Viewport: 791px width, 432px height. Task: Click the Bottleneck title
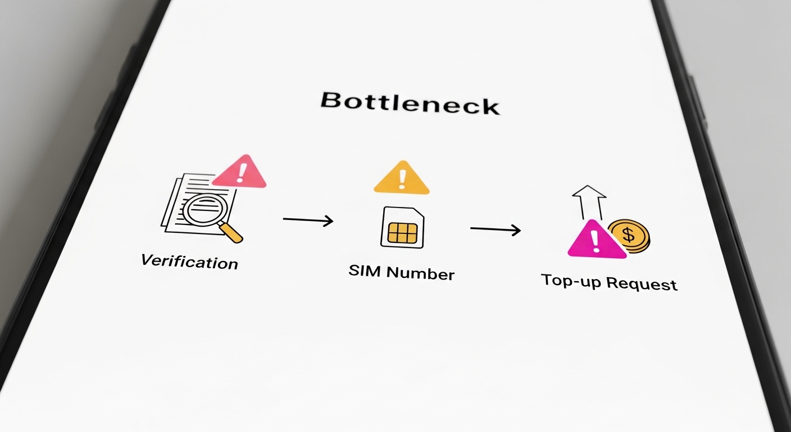pos(410,103)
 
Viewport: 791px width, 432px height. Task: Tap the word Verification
pos(189,262)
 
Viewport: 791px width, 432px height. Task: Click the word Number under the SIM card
pos(420,274)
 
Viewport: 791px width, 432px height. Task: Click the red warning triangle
pos(240,172)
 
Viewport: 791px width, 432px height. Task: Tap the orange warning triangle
pos(402,179)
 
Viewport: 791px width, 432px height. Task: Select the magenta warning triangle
pos(595,241)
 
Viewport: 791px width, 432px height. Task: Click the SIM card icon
pos(402,227)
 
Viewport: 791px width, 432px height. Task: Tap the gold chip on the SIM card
pos(402,232)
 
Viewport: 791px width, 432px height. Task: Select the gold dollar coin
pos(629,235)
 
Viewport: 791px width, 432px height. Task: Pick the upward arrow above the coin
pos(589,202)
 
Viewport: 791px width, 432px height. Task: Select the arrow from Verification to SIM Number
pos(308,220)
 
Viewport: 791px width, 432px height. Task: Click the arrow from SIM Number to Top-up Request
pos(495,229)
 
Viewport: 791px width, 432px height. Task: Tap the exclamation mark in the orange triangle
pos(402,178)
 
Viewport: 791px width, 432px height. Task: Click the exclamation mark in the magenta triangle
pos(595,241)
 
